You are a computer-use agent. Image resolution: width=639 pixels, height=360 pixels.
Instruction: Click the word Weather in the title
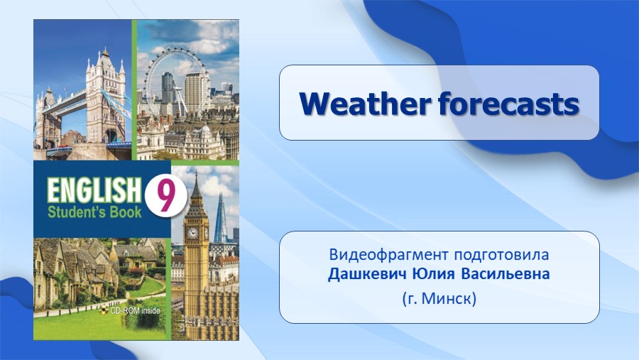click(364, 104)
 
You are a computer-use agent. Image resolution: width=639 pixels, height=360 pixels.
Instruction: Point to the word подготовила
click(501, 256)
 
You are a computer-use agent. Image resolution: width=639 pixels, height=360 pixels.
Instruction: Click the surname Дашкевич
click(367, 273)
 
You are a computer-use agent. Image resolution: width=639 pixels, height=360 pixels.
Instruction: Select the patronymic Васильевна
click(506, 273)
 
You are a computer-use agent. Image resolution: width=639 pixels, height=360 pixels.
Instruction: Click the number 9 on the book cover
click(165, 196)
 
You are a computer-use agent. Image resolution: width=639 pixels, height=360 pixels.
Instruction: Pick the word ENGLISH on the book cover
click(93, 190)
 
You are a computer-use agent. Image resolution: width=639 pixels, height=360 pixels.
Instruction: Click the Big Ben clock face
click(192, 233)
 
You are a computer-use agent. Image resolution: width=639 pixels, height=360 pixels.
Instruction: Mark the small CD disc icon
click(104, 311)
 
